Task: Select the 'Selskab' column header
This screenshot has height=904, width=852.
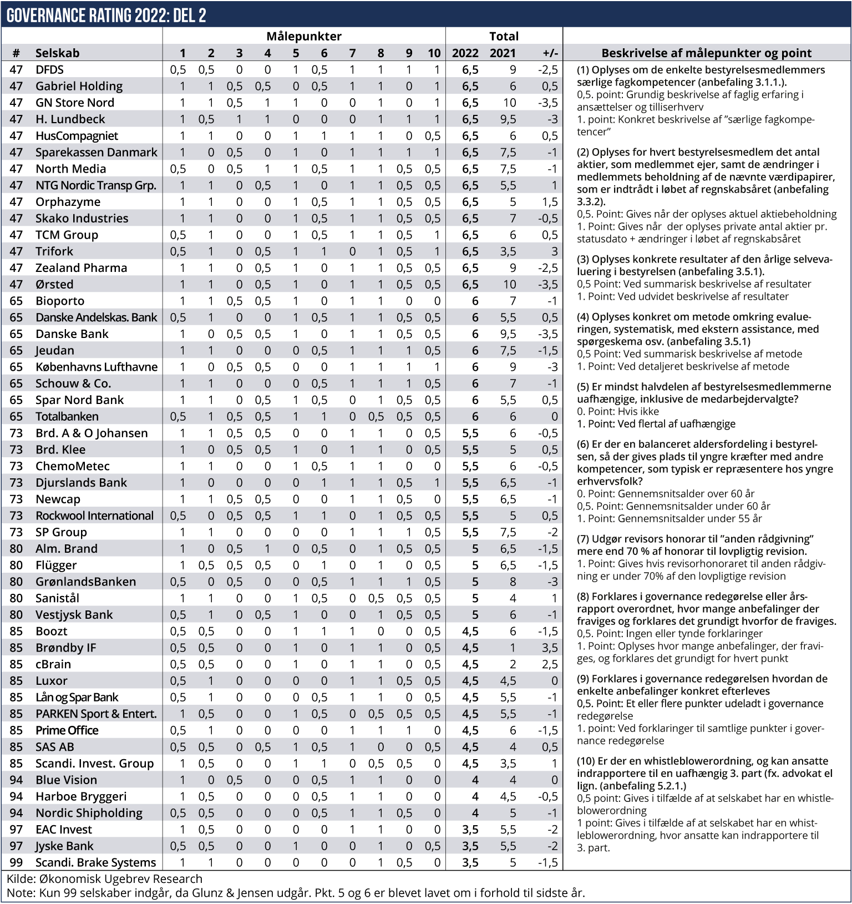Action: coord(57,53)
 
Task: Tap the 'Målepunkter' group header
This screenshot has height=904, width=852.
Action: coord(303,37)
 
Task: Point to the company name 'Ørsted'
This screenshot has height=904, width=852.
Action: coord(54,285)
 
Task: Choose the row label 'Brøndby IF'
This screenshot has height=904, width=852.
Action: coord(65,648)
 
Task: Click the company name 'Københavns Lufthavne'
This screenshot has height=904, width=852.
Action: coord(97,367)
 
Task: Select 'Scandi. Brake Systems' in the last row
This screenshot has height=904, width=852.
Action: coord(95,862)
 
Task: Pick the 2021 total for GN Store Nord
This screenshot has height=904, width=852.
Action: coord(509,103)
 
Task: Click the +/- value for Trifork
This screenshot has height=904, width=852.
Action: coord(554,251)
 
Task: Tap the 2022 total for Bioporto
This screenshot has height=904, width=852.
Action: coord(474,301)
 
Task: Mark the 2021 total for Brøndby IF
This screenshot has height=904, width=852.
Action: coord(513,648)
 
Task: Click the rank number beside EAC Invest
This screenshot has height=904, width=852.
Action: coord(16,830)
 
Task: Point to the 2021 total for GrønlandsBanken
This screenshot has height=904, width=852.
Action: coord(513,582)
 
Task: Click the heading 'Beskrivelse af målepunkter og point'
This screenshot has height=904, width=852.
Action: coord(706,53)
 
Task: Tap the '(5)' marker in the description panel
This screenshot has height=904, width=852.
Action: coord(583,387)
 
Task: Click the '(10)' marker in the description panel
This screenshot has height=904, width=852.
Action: coord(586,761)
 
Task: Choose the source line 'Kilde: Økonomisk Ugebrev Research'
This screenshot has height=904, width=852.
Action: coord(104,879)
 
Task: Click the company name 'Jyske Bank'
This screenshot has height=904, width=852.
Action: coord(64,846)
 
